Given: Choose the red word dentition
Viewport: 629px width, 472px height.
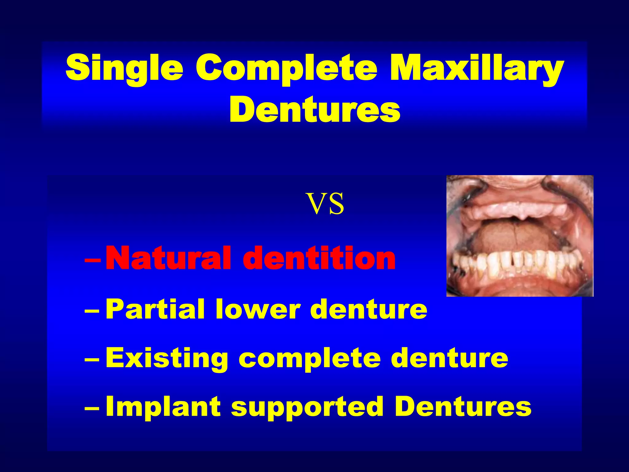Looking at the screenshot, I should [x=319, y=259].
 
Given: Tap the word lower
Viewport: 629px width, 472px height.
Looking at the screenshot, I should [x=258, y=310].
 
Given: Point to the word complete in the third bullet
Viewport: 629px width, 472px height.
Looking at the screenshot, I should [x=310, y=359].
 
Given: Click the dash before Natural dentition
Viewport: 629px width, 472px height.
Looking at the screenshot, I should [x=92, y=260].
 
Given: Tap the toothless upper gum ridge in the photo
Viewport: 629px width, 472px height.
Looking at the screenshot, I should [x=519, y=210].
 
